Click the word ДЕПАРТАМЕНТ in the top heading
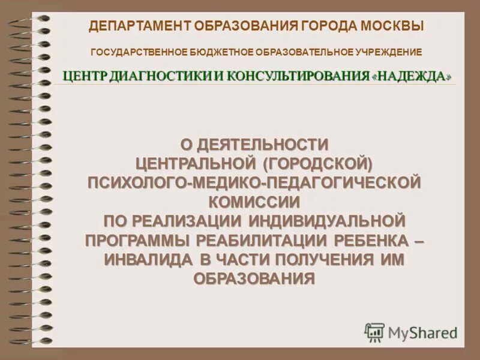[x=140, y=26]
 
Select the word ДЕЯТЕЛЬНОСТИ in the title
[x=264, y=145]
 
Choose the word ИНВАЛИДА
[x=148, y=259]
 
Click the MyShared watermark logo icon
[x=374, y=332]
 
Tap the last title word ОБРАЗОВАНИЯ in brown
[x=254, y=278]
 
